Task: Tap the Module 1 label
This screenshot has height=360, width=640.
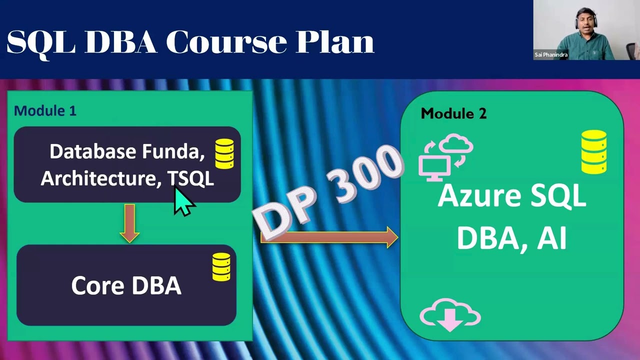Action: pyautogui.click(x=45, y=110)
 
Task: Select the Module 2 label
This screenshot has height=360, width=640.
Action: pyautogui.click(x=453, y=113)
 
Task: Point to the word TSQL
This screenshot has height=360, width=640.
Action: pyautogui.click(x=190, y=178)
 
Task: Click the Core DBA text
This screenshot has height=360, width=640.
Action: pyautogui.click(x=126, y=285)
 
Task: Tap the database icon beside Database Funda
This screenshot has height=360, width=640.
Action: pyautogui.click(x=224, y=153)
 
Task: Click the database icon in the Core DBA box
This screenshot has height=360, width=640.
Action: pyautogui.click(x=221, y=266)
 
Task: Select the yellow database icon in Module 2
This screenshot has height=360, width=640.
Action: pyautogui.click(x=594, y=152)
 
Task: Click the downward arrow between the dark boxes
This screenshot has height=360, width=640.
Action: pyautogui.click(x=130, y=223)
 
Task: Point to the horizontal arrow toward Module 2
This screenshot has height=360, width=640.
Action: pyautogui.click(x=330, y=237)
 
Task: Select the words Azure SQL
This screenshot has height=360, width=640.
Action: pyautogui.click(x=511, y=196)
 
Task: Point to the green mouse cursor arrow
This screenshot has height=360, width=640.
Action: pyautogui.click(x=183, y=202)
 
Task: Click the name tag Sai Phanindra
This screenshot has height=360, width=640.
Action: pyautogui.click(x=551, y=55)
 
